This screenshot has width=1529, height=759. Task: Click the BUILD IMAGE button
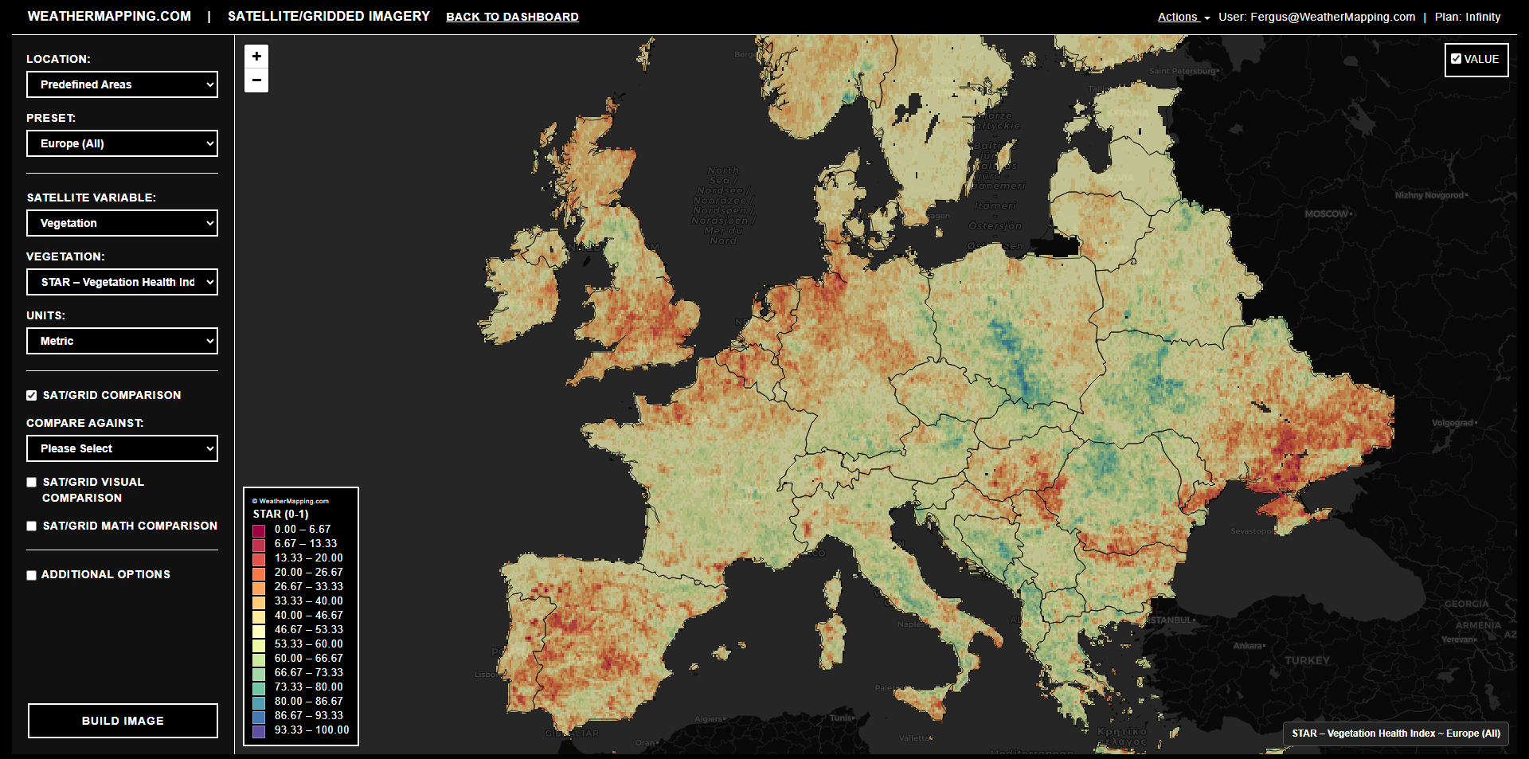[123, 721]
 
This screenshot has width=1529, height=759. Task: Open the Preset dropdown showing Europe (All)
[122, 143]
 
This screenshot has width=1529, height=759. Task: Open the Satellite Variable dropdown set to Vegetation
[122, 223]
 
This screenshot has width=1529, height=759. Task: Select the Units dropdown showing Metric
[122, 341]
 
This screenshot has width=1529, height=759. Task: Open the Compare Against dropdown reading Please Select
[122, 448]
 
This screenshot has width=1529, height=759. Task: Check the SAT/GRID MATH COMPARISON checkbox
[32, 526]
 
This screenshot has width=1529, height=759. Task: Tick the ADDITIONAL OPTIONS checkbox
[32, 575]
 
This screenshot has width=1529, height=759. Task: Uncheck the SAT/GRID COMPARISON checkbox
[32, 396]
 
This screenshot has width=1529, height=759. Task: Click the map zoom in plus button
[256, 57]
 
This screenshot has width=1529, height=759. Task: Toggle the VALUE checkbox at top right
[1456, 59]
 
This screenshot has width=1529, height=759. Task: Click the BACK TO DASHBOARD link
[512, 17]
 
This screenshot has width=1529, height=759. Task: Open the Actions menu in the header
[1183, 17]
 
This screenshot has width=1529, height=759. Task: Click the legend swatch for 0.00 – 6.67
[259, 530]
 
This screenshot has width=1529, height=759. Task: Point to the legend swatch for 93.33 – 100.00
[259, 730]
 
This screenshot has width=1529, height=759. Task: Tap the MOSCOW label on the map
[1326, 213]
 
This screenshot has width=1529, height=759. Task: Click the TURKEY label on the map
[1307, 660]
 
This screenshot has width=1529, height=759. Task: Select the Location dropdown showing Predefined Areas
[122, 84]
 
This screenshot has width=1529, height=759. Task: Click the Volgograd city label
[1453, 423]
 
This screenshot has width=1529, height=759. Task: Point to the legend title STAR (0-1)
[280, 514]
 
